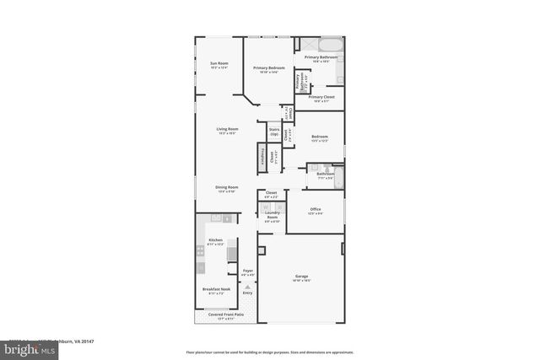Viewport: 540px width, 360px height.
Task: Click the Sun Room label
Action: (219, 65)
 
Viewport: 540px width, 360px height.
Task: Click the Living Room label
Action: (227, 130)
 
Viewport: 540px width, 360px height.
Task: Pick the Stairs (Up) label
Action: (273, 132)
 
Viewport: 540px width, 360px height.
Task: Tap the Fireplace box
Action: (262, 158)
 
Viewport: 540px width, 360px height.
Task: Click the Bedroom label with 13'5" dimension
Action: (319, 137)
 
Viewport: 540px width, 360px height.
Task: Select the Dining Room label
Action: (227, 188)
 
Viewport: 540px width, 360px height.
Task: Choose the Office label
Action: (316, 210)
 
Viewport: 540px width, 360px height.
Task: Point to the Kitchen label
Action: (215, 241)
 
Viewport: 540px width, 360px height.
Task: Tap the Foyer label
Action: (247, 272)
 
